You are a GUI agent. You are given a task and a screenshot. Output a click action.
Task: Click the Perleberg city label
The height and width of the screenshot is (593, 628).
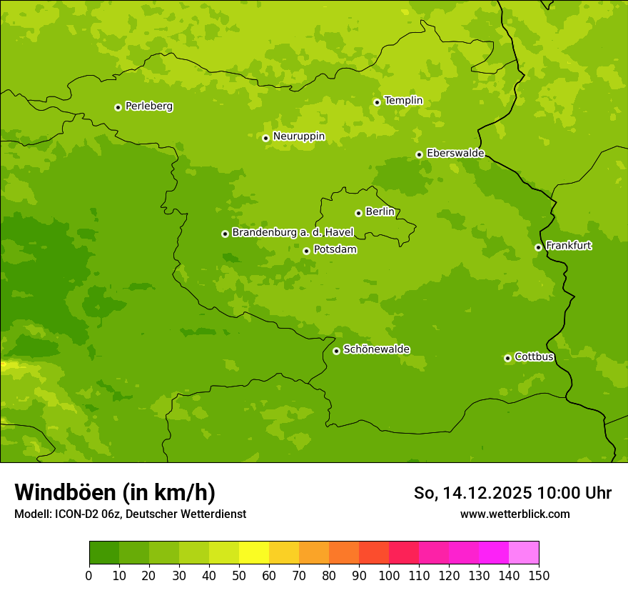click(148, 106)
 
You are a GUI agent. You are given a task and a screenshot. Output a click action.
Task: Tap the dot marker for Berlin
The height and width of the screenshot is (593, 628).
click(358, 213)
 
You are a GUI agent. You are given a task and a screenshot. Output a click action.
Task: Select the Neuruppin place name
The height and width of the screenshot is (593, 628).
click(298, 136)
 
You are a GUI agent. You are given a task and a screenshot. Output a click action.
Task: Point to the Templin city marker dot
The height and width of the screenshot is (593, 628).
click(377, 102)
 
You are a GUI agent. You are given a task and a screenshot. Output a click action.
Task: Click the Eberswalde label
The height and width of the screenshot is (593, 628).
click(455, 154)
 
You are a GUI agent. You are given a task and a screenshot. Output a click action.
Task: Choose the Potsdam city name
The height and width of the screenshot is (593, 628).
click(335, 250)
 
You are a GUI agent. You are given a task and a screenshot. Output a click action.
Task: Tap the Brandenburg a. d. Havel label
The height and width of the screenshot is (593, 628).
click(293, 233)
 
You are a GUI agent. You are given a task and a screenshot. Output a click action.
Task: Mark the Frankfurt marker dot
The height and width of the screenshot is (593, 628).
click(538, 247)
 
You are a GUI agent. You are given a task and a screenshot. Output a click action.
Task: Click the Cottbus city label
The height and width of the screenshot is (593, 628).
click(534, 357)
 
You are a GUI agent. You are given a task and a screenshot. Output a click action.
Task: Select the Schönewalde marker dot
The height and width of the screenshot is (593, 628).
click(336, 351)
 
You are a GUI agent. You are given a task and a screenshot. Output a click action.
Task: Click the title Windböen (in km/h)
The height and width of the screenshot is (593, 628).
click(115, 492)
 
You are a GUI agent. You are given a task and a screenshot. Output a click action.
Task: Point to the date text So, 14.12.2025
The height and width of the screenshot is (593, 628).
click(473, 493)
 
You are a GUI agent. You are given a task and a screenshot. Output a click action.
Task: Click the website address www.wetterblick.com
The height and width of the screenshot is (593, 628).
click(515, 514)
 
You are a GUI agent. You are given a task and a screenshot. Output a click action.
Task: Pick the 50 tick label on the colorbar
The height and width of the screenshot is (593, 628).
click(239, 575)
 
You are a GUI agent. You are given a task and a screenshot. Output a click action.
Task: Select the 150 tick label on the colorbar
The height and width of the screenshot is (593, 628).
click(539, 575)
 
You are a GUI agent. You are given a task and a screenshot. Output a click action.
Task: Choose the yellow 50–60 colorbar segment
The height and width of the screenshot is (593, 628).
click(254, 553)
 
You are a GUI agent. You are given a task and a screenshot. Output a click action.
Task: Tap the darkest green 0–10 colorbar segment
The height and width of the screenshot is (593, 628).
click(104, 553)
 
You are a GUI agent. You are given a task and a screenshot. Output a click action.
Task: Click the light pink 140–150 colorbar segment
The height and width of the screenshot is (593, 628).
click(524, 553)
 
